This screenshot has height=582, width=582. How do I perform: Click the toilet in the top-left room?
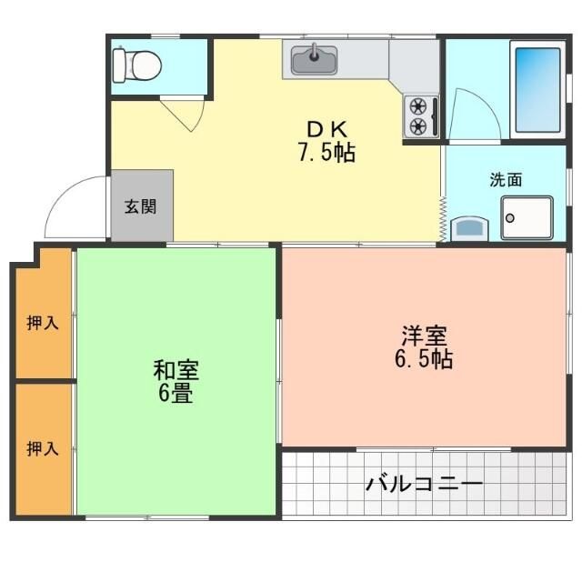pyautogui.click(x=136, y=65)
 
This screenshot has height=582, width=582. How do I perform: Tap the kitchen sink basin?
pyautogui.click(x=315, y=61)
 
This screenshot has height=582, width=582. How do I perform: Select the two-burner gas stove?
pyautogui.click(x=418, y=115)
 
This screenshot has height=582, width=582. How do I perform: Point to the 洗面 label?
pyautogui.click(x=506, y=179)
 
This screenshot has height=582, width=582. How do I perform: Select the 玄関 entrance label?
pyautogui.click(x=140, y=206)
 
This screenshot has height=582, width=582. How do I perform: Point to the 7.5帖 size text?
pyautogui.click(x=326, y=152)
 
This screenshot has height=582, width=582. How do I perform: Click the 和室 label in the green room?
pyautogui.click(x=176, y=371)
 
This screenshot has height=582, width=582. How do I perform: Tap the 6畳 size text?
pyautogui.click(x=176, y=395)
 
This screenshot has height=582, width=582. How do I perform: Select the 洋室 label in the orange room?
pyautogui.click(x=424, y=335)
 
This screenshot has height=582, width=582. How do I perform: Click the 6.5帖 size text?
pyautogui.click(x=424, y=358)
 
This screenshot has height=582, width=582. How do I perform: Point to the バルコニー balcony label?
pyautogui.click(x=425, y=483)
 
